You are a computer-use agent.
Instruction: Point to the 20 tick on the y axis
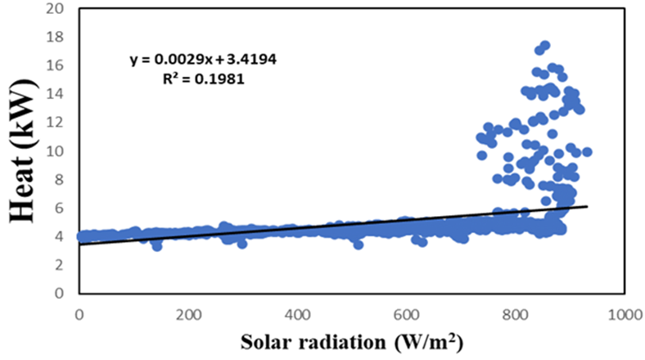pos(59,9)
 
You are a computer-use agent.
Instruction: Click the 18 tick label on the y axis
pos(59,38)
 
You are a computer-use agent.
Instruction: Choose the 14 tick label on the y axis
pos(59,94)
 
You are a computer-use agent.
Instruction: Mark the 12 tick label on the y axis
pos(59,123)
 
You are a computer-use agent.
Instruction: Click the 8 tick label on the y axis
pos(62,179)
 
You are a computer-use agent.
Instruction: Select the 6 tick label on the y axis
pos(62,208)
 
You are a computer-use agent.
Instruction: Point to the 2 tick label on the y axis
pos(62,264)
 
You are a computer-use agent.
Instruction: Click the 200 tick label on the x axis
pos(188,313)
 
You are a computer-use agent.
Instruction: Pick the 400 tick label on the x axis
pos(298,313)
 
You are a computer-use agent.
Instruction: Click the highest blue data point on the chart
pos(544,45)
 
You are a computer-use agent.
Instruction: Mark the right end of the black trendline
pos(587,206)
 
